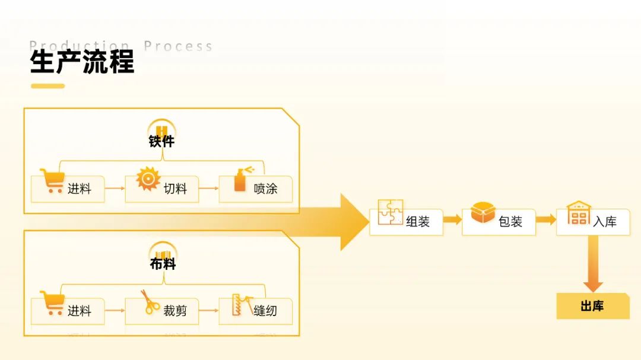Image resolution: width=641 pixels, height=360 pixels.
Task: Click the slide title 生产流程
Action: point(82,62)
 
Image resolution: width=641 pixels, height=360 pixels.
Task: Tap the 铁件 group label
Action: point(161,141)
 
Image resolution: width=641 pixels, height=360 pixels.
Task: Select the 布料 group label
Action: point(162,263)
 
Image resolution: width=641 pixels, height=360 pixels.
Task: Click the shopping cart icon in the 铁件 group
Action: point(52,181)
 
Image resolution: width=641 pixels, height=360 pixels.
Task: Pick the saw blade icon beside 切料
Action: point(148,179)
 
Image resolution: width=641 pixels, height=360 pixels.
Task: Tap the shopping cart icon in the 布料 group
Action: point(52,302)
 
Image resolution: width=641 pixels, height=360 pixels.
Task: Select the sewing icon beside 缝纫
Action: point(241,304)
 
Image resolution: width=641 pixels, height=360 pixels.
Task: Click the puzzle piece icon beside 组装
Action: point(390,212)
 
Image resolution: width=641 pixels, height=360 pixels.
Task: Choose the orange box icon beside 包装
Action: point(483,212)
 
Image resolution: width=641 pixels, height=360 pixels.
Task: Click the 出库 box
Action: point(592,306)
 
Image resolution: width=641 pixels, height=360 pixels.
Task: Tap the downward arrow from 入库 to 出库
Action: point(592,264)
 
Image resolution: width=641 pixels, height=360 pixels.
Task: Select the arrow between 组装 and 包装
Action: point(452,219)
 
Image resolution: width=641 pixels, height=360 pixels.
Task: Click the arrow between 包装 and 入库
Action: point(545,219)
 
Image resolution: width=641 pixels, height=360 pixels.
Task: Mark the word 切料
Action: point(175,189)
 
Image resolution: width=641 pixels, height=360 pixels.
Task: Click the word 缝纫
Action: point(265,311)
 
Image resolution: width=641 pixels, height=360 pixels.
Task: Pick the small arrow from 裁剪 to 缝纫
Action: point(208,311)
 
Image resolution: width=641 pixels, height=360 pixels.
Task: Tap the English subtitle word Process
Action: point(178,46)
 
